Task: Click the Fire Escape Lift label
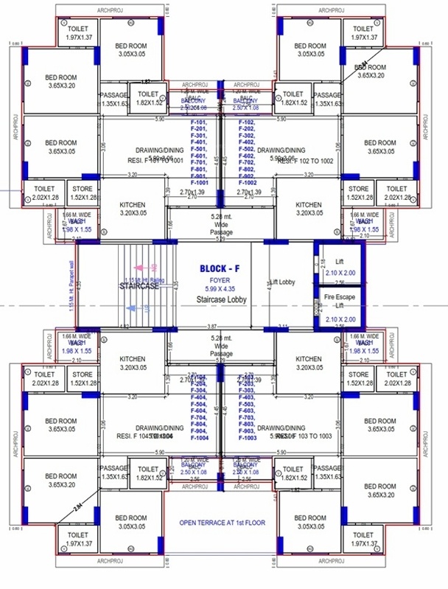[x=340, y=300]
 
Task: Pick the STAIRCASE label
[x=140, y=287]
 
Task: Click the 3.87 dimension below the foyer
[x=211, y=327]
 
